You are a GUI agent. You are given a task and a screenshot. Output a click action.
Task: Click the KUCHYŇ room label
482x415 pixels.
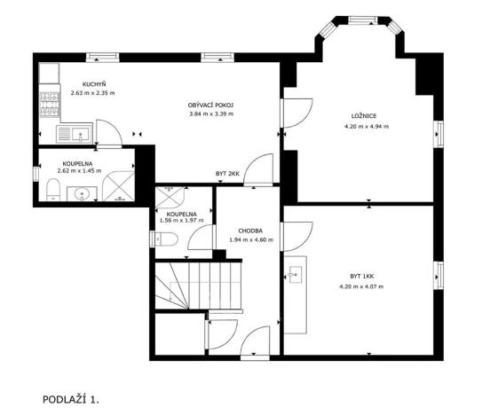coord(82,84)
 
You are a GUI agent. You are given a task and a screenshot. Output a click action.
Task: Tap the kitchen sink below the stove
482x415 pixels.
coord(77,135)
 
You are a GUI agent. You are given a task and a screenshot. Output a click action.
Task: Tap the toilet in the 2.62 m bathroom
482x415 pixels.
coord(52,189)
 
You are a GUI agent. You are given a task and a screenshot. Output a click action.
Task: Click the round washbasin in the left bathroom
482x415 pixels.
coord(83,193)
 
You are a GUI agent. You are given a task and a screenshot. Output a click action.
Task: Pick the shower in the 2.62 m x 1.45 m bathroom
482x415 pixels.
coord(117,185)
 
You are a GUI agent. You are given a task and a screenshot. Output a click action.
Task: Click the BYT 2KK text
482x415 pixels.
coord(228,173)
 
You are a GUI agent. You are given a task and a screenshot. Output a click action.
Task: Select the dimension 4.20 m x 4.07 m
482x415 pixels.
coord(360,286)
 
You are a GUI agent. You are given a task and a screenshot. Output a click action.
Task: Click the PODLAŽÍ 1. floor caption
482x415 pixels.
coord(72,400)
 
